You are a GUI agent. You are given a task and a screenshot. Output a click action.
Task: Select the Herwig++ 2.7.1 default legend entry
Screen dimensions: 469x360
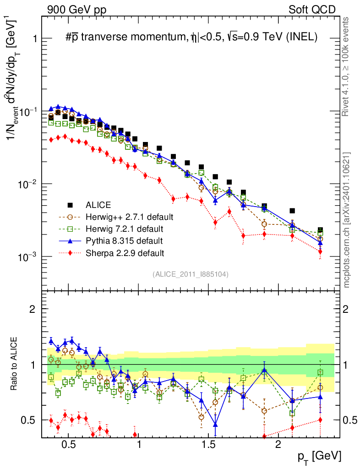(x=129, y=217)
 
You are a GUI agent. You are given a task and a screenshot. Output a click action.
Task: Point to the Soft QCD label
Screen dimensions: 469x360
(x=312, y=10)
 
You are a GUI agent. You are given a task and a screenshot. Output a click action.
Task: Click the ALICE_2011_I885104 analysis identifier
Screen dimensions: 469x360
(x=190, y=274)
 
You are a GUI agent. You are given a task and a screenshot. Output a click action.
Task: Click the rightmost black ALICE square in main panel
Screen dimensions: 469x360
(x=320, y=230)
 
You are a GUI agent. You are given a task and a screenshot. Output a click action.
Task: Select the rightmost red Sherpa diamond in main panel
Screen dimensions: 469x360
(x=320, y=251)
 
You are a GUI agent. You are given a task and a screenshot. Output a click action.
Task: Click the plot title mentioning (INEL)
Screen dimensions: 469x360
(x=191, y=38)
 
